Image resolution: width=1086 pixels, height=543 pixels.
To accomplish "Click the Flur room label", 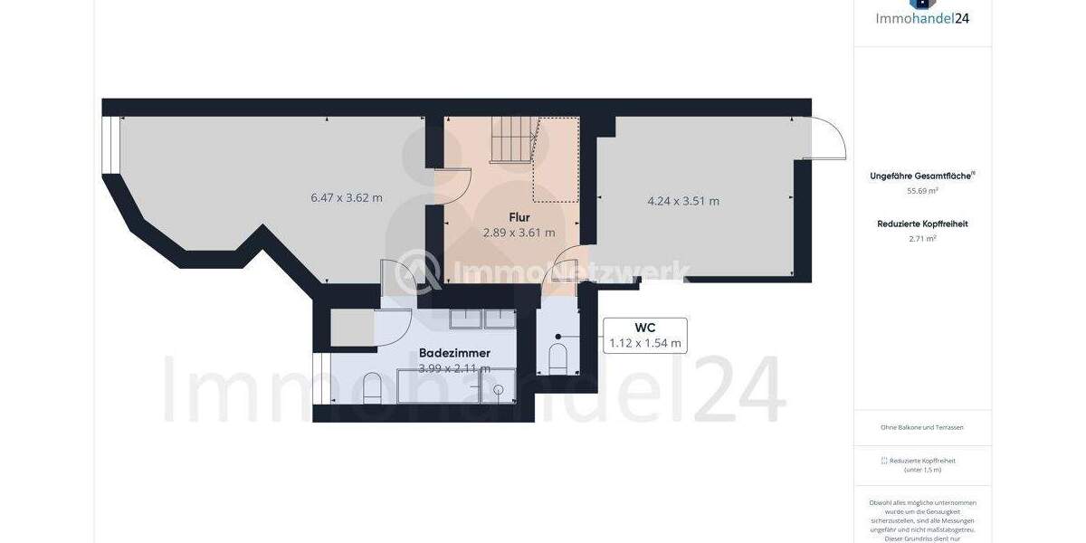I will click(x=519, y=217).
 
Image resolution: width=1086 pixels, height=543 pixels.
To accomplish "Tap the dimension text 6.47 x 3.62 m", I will click(x=347, y=198).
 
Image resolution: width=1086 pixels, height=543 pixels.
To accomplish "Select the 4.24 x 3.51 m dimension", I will click(x=683, y=201).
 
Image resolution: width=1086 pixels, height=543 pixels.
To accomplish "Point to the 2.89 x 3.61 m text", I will click(x=519, y=233).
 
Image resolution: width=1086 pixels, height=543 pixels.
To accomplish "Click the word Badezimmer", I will click(x=454, y=353).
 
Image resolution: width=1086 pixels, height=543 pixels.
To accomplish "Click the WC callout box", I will click(x=644, y=335).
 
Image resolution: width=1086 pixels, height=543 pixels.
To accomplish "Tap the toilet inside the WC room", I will click(x=557, y=357).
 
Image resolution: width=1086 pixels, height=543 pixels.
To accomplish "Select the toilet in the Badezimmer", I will click(x=372, y=389).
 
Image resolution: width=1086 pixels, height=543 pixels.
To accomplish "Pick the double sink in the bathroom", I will click(x=483, y=319).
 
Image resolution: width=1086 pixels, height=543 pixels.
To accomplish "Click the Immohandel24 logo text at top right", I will click(x=922, y=17).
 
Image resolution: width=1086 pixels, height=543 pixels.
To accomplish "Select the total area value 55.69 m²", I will click(x=922, y=191).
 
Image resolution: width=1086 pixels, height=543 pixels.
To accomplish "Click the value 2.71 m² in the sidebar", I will click(x=922, y=239).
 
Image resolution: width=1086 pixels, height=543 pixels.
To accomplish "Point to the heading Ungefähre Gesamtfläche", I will click(x=920, y=176).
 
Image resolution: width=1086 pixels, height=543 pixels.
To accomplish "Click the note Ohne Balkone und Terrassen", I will click(x=922, y=427).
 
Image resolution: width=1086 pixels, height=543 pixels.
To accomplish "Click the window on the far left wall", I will click(x=111, y=144).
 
